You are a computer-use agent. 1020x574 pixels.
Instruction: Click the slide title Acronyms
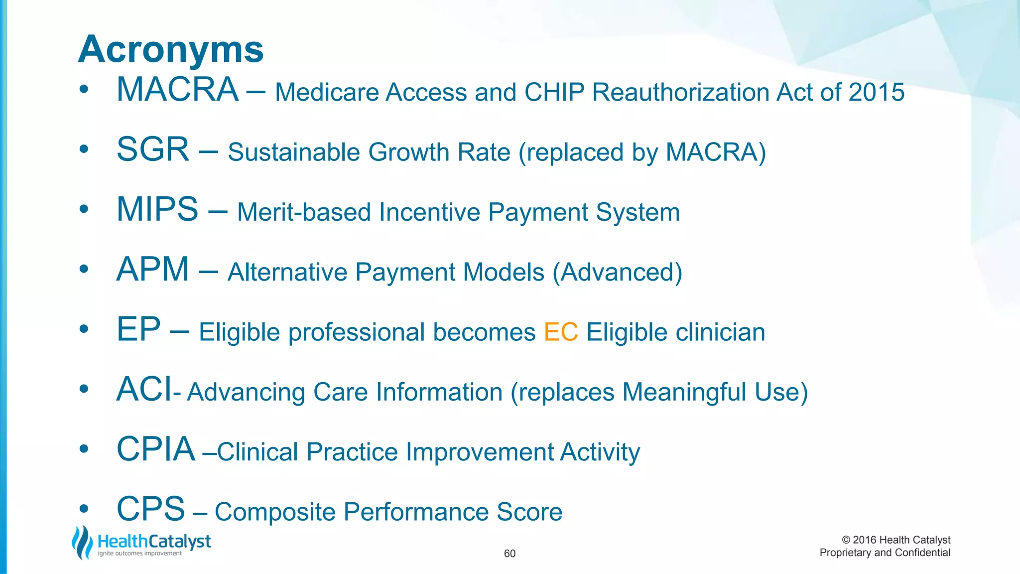point(171,50)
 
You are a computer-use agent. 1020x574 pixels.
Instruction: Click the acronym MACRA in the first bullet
point(177,90)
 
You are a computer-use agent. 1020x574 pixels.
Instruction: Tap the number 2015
point(877,93)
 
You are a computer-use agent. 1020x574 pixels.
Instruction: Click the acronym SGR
point(153,150)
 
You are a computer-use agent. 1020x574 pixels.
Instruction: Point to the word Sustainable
point(293,152)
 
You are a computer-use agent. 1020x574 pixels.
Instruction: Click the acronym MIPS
point(157,210)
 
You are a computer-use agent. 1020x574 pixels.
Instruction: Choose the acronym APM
point(152,270)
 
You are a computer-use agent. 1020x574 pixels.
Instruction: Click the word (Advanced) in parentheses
point(617,273)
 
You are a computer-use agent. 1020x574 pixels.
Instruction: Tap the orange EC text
point(561,332)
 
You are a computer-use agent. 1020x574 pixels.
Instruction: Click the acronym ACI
point(144,390)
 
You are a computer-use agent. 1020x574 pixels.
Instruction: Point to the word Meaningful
point(684,392)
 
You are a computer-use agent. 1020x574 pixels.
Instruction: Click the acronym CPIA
point(155,449)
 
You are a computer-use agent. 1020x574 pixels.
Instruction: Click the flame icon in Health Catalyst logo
point(82,542)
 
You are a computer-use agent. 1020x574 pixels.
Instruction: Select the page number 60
point(510,554)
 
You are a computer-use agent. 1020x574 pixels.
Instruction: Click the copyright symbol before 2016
point(846,540)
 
